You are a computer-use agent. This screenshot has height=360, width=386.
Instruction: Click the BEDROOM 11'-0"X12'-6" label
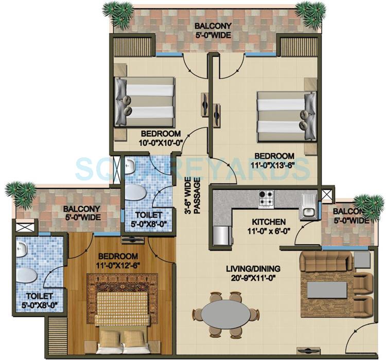[x=118, y=261]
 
